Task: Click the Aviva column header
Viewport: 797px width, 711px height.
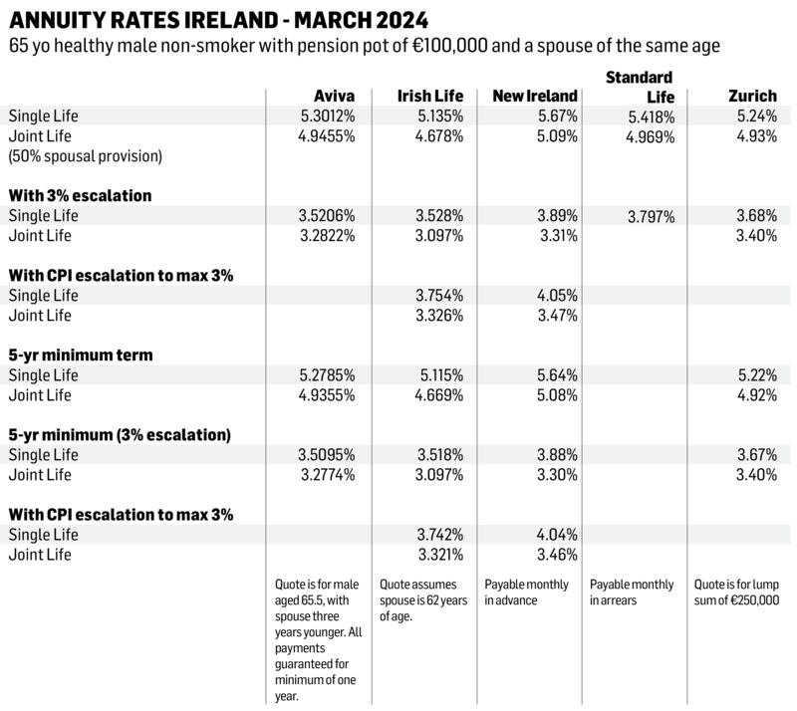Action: pos(334,97)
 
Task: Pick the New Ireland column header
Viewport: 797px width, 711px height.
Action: pos(535,97)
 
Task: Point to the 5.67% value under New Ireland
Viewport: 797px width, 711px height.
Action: pos(555,117)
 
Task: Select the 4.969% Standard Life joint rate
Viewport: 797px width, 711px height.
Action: pos(650,137)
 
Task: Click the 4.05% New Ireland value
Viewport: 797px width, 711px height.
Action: pos(555,296)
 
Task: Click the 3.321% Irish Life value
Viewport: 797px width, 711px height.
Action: pos(438,555)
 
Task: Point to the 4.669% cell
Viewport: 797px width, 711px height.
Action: pos(438,395)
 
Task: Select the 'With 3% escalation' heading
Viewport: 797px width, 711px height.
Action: pos(80,196)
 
